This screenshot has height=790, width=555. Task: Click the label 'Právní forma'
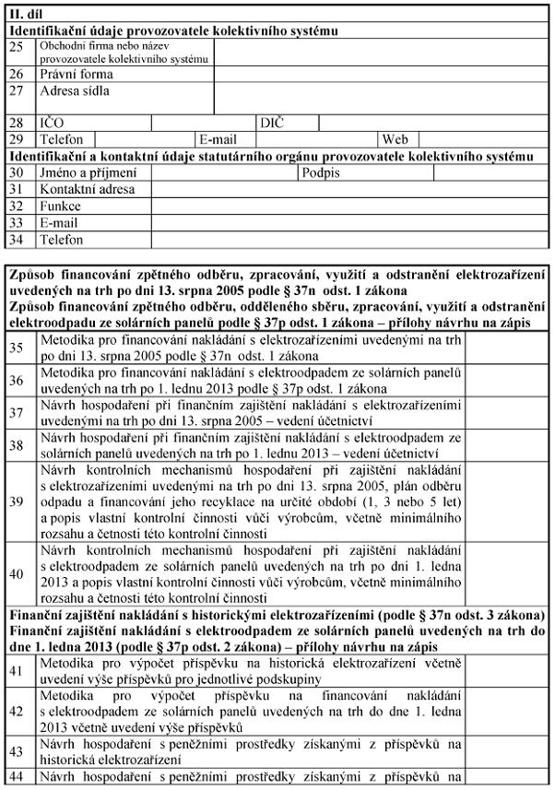click(x=77, y=74)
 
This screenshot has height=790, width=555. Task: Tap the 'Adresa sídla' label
click(x=75, y=90)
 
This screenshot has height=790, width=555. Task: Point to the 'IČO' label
click(x=52, y=123)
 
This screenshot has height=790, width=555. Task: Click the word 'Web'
click(x=395, y=139)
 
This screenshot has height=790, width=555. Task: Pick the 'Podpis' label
click(x=321, y=172)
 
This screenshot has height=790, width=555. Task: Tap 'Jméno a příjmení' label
click(x=88, y=172)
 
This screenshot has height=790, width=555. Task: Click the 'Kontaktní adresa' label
click(x=87, y=189)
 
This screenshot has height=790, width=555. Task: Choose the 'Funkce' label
click(x=60, y=206)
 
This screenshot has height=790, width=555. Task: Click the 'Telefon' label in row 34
click(x=62, y=240)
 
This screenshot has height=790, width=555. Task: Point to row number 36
click(x=17, y=381)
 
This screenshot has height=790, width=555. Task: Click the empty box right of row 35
click(x=506, y=348)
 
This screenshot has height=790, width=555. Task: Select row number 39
click(x=17, y=501)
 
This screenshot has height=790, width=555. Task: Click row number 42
click(x=17, y=711)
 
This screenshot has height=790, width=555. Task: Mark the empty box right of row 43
click(x=506, y=752)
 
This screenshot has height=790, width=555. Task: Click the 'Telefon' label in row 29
click(x=62, y=139)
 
